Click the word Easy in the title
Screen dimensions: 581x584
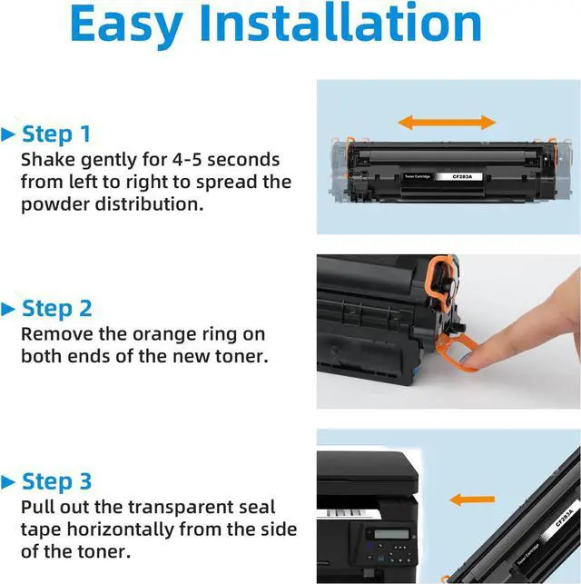126,25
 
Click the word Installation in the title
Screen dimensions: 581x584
341,23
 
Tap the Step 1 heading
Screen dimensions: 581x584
56,134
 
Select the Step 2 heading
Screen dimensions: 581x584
57,309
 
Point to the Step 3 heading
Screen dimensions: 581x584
56,481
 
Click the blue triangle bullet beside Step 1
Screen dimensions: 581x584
8,134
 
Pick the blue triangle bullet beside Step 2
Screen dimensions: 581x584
8,310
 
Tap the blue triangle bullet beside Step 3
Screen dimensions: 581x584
8,482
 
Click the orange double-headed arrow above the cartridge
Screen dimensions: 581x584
447,123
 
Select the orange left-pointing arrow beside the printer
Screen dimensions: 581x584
472,500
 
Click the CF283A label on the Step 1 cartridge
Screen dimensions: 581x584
462,176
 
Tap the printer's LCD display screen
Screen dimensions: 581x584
391,533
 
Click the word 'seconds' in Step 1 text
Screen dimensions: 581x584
243,160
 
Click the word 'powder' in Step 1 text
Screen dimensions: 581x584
55,205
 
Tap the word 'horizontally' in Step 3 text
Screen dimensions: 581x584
120,530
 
